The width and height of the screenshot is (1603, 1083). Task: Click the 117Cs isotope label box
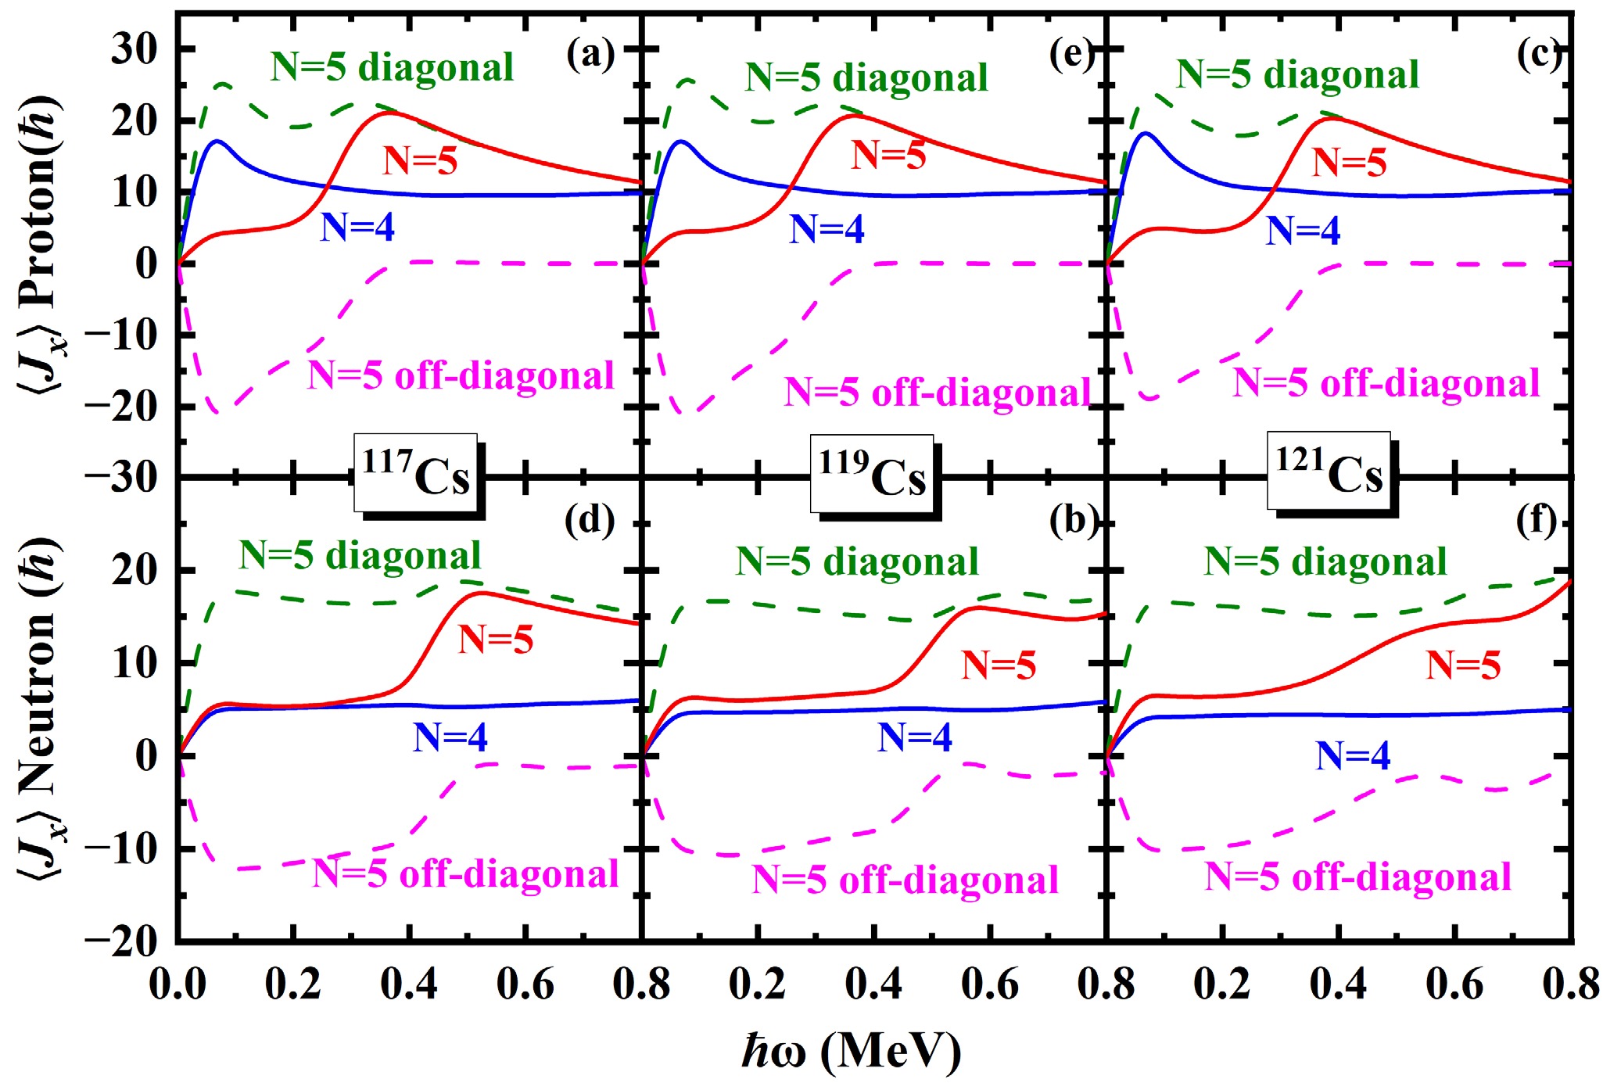[x=415, y=473]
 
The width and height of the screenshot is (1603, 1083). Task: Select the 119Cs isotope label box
[x=872, y=474]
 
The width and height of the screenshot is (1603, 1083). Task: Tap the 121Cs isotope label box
[x=1329, y=471]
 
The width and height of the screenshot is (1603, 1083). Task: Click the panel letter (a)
[x=590, y=55]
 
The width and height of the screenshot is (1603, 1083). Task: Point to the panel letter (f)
[x=1536, y=521]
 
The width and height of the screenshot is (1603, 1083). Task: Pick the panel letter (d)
[x=590, y=521]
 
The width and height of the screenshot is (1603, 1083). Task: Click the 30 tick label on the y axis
[x=134, y=50]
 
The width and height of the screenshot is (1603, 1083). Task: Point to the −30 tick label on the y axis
[x=122, y=477]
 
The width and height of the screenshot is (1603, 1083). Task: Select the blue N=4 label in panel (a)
[x=357, y=228]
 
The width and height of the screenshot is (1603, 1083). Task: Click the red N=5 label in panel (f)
[x=1463, y=665]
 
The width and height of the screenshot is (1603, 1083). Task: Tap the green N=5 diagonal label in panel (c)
[x=1297, y=75]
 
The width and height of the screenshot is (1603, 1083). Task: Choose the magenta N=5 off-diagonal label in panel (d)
[x=465, y=873]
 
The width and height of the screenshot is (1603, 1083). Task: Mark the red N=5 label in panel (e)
[x=888, y=155]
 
